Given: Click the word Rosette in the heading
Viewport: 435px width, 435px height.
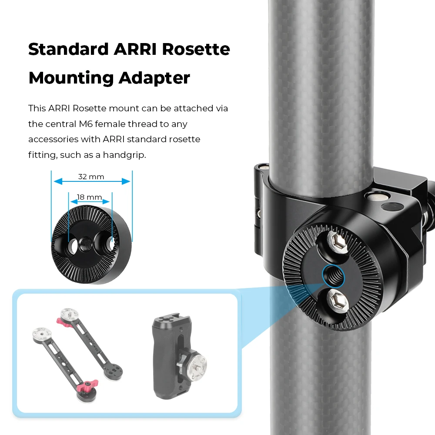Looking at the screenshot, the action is [196, 49].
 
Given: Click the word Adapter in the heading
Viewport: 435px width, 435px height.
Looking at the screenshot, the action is [154, 78].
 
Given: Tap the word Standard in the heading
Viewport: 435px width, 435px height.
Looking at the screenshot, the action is [69, 49].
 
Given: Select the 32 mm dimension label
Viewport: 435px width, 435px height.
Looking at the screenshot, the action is [91, 177].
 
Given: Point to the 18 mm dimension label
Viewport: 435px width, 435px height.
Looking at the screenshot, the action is [89, 197].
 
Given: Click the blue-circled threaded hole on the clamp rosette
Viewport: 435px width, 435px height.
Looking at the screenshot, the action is [333, 276].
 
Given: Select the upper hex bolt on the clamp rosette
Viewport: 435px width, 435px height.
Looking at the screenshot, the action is [337, 242].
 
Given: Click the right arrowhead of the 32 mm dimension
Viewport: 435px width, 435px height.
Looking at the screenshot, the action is [126, 181].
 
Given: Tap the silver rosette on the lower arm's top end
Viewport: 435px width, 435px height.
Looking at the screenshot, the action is [42, 334].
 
